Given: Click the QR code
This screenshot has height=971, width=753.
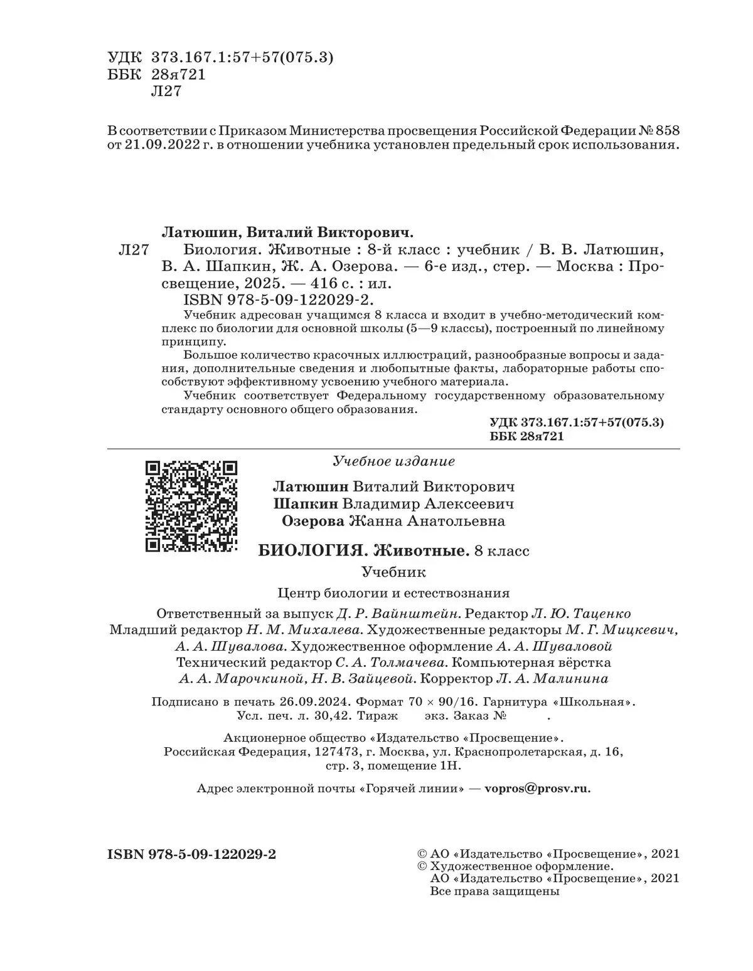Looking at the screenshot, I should point(191,506).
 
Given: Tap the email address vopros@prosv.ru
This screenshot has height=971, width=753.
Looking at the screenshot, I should point(537,789).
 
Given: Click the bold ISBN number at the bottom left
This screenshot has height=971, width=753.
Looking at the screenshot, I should point(192,854).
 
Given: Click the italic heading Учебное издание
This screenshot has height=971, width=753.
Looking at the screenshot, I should point(394,461).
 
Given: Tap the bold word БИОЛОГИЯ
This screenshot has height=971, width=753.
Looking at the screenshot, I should point(312,551).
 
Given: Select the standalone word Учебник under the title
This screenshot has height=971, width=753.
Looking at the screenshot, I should point(393,572).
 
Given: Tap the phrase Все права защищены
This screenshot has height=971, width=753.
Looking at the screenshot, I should point(494,891).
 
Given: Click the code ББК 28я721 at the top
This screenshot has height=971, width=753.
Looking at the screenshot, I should point(157,75).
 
